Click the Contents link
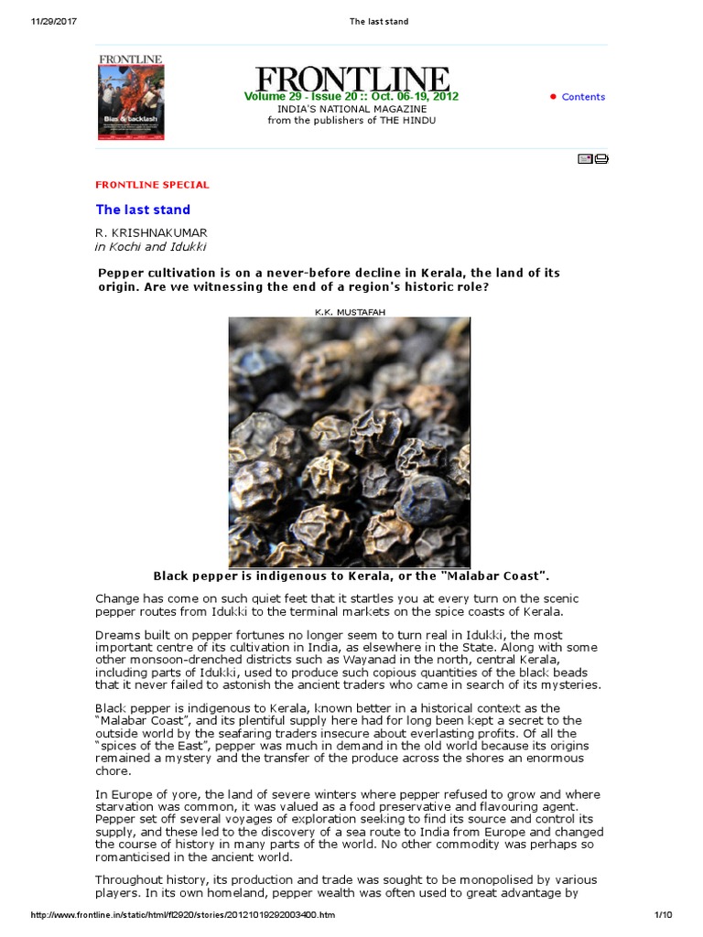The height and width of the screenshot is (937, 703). click(583, 97)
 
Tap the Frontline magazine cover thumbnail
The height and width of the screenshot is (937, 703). click(131, 97)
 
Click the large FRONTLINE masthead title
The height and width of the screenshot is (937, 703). click(352, 79)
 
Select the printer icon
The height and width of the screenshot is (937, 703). click(601, 159)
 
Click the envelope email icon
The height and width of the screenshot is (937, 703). click(585, 159)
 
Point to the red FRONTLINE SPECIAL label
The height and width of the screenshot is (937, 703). click(152, 185)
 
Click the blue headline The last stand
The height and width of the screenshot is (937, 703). click(143, 210)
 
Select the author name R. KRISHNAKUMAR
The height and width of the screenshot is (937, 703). click(151, 233)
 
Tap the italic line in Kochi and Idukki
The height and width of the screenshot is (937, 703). click(151, 247)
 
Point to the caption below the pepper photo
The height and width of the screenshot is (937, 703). click(351, 576)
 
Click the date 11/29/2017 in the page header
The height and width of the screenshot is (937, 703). click(44, 21)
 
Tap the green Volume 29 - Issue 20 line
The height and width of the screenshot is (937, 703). click(351, 97)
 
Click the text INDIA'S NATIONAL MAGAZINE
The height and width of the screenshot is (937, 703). click(351, 109)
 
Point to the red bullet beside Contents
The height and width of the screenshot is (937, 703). click(553, 97)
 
